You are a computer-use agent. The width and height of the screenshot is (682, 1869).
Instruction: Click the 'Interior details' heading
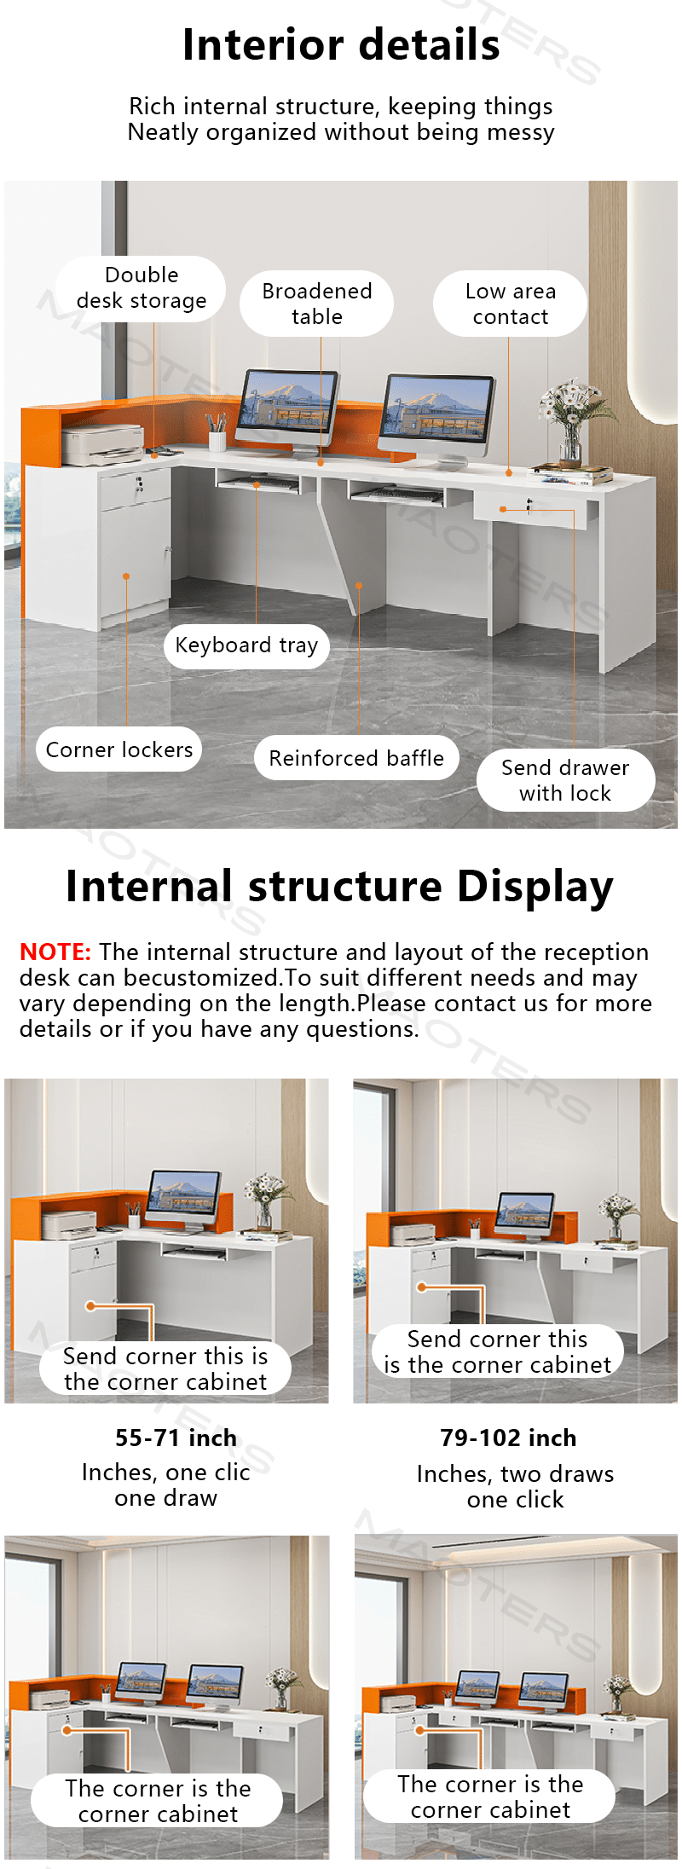tap(341, 45)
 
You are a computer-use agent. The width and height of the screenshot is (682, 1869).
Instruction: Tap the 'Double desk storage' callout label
tap(142, 288)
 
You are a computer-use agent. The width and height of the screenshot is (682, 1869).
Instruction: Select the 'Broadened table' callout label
tap(317, 304)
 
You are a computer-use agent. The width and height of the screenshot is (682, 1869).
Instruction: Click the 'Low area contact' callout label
tap(510, 304)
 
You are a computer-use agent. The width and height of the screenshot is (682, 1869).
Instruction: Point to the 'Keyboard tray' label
tap(246, 645)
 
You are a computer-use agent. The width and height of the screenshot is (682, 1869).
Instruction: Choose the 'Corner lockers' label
tap(119, 749)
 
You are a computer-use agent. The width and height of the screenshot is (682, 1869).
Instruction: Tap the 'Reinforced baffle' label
tap(356, 758)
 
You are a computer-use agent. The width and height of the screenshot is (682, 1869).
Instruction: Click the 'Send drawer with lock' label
tap(565, 780)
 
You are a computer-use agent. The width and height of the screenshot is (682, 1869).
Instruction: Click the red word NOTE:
tap(55, 952)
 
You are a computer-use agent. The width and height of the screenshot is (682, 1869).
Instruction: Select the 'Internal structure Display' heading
tap(340, 887)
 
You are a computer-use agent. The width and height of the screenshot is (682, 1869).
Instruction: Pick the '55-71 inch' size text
tap(176, 1438)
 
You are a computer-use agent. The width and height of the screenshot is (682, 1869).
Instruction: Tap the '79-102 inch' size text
tap(508, 1438)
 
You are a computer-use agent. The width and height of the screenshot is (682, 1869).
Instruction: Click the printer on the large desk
tap(103, 444)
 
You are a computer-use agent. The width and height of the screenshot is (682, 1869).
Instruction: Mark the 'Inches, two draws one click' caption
tap(516, 1486)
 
